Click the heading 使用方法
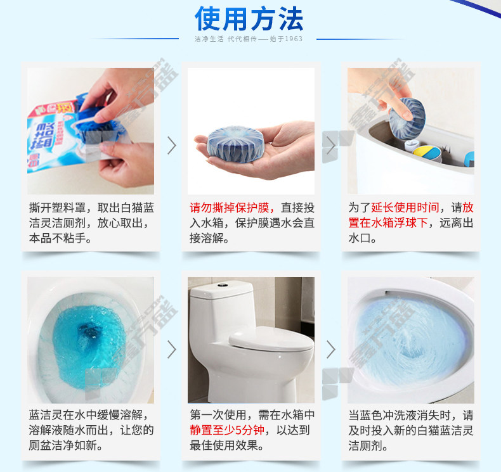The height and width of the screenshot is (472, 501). pos(249,19)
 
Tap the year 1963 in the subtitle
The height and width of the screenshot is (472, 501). pos(294,39)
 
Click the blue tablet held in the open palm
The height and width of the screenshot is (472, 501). pos(235,144)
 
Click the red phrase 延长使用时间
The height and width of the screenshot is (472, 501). pos(405,208)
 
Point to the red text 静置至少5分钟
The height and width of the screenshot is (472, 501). pos(227,430)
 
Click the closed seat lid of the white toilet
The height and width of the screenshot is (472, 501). pos(271,339)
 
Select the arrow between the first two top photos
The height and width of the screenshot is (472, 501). pos(172,146)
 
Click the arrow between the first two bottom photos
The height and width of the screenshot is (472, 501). pos(172,350)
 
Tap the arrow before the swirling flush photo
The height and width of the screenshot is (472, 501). pos(331,350)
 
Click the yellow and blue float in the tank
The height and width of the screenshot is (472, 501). pos(427,153)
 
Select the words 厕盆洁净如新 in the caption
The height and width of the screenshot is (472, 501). pos(63,445)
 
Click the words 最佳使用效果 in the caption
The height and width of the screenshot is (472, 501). pos(224,445)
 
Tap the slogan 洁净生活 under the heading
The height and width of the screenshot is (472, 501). pos(209,39)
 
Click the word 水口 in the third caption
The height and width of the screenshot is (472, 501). pos(360,238)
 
